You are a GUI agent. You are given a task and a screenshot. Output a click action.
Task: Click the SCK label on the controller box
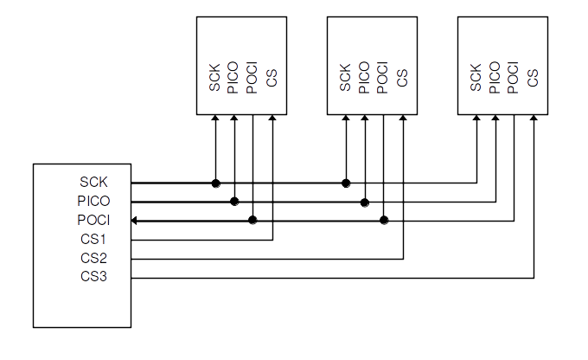point(93,183)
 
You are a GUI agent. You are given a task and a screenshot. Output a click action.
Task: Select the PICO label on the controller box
point(93,201)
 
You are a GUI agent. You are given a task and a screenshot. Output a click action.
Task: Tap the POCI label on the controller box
point(93,220)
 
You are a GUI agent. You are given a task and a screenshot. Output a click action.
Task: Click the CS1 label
point(93,239)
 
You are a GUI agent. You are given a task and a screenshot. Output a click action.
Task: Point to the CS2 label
point(93,258)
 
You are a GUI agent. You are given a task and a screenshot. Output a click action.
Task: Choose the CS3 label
point(93,277)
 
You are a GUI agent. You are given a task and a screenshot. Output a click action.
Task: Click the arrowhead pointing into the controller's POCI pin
point(136,220)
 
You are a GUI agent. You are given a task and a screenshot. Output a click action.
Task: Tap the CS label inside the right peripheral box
point(533,77)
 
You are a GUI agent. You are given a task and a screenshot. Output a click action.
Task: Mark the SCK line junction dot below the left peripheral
point(215,183)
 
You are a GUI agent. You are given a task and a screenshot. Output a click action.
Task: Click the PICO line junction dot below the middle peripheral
point(365,202)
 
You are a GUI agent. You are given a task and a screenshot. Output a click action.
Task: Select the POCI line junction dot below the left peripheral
point(253,220)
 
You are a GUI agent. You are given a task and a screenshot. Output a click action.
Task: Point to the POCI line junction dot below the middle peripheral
point(384,220)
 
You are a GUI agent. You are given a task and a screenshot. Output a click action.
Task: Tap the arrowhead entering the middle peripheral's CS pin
point(403,119)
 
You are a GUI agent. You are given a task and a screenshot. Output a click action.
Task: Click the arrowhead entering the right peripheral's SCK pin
point(476,119)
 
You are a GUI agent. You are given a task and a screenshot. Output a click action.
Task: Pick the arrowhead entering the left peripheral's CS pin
point(272,119)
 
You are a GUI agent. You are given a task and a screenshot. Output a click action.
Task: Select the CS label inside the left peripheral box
point(272,77)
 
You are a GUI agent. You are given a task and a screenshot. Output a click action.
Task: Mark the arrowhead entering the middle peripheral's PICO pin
point(365,119)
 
